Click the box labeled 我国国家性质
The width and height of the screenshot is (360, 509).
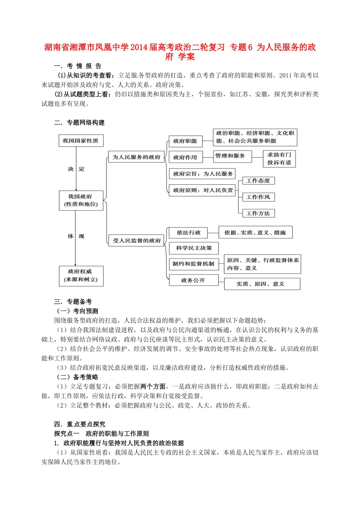pyautogui.click(x=81, y=141)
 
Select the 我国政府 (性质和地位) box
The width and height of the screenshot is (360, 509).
pyautogui.click(x=81, y=200)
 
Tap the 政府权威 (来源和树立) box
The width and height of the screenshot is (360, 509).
pyautogui.click(x=81, y=276)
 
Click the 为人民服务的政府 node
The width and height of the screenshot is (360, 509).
pyautogui.click(x=136, y=157)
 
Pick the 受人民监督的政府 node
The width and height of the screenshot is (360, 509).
pyautogui.click(x=136, y=240)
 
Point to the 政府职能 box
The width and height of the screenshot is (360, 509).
pyautogui.click(x=185, y=141)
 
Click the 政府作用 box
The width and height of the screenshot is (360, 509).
pyautogui.click(x=185, y=157)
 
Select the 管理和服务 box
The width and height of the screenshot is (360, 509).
pyautogui.click(x=230, y=156)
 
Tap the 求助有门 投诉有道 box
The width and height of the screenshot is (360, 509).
pyautogui.click(x=279, y=159)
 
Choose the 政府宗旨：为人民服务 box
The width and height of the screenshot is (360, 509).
pyautogui.click(x=203, y=174)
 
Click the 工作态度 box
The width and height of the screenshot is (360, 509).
pyautogui.click(x=258, y=181)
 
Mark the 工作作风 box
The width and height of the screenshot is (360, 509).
pyautogui.click(x=258, y=197)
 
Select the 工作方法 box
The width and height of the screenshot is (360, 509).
pyautogui.click(x=258, y=213)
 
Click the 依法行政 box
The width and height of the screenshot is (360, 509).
pyautogui.click(x=189, y=233)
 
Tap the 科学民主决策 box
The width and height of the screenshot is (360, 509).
pyautogui.click(x=194, y=248)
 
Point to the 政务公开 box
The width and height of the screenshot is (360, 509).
pyautogui.click(x=193, y=280)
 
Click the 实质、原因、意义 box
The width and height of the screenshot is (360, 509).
pyautogui.click(x=262, y=284)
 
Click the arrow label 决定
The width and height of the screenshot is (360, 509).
pyautogui.click(x=76, y=169)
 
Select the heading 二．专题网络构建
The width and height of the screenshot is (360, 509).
pyautogui.click(x=79, y=123)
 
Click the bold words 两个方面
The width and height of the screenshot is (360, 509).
pyautogui.click(x=153, y=387)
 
